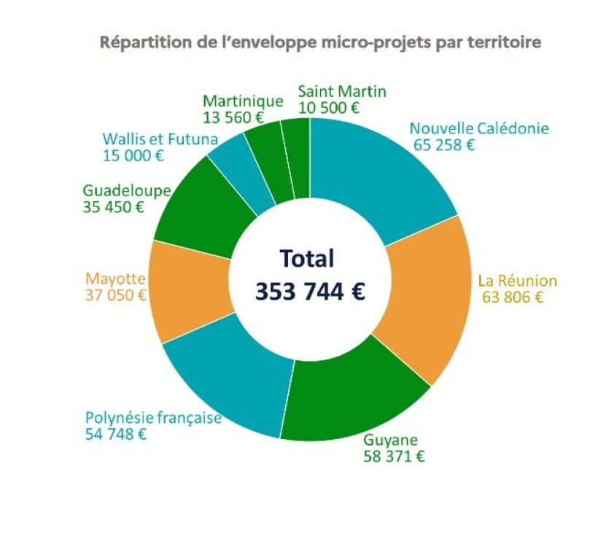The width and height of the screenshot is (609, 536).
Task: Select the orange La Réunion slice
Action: click(x=423, y=299)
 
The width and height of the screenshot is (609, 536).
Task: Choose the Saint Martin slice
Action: click(x=296, y=157)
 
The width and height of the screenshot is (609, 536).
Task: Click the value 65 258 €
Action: click(x=444, y=144)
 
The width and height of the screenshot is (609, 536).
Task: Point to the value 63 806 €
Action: click(x=513, y=297)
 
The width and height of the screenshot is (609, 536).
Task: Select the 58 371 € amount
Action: click(x=394, y=457)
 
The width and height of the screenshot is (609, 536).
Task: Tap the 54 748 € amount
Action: click(x=116, y=434)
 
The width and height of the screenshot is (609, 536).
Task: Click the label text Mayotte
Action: click(x=116, y=279)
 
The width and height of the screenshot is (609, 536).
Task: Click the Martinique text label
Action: click(x=243, y=101)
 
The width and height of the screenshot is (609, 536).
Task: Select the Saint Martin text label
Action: click(x=342, y=91)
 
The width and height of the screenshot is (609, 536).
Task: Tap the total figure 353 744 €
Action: click(x=309, y=290)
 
